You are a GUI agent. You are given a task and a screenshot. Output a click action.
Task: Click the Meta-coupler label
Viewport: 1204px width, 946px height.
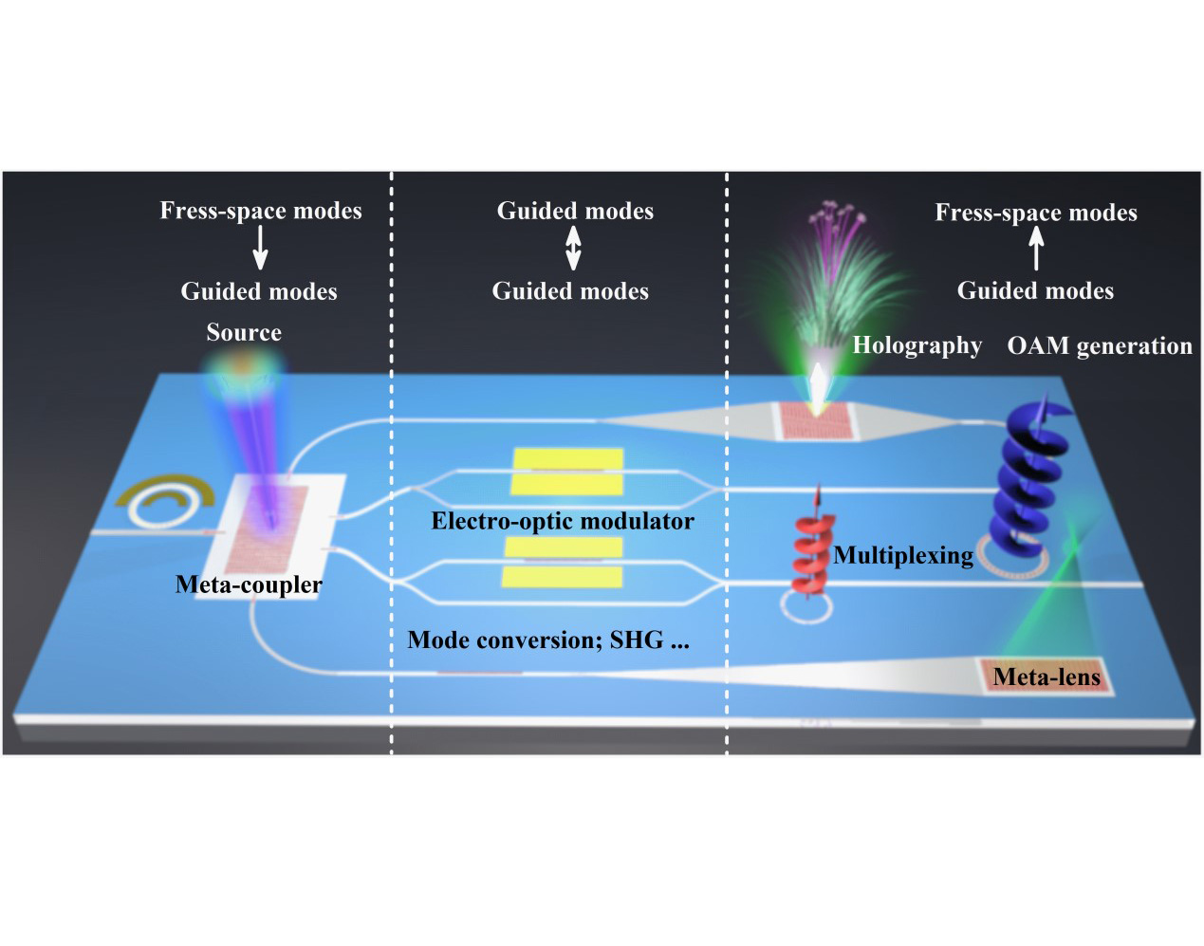pyautogui.click(x=249, y=584)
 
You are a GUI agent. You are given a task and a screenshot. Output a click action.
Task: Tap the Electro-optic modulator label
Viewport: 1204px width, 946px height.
pyautogui.click(x=563, y=521)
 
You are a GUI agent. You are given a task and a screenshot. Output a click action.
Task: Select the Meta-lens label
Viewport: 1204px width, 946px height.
pyautogui.click(x=1047, y=677)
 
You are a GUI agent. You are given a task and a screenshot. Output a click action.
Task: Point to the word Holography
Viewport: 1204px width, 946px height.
pyautogui.click(x=917, y=345)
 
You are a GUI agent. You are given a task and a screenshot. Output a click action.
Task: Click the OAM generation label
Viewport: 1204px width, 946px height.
pyautogui.click(x=1100, y=346)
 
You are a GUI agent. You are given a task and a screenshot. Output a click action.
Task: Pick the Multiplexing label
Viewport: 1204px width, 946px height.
pyautogui.click(x=903, y=555)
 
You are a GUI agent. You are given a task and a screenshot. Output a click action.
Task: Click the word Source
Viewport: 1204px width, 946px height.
pyautogui.click(x=244, y=332)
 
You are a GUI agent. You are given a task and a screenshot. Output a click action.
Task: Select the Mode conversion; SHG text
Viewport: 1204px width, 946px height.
pyautogui.click(x=548, y=640)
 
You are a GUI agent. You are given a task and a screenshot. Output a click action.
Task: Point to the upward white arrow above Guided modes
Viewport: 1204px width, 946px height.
pyautogui.click(x=1036, y=249)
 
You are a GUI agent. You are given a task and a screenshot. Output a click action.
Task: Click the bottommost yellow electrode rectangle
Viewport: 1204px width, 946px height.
pyautogui.click(x=562, y=577)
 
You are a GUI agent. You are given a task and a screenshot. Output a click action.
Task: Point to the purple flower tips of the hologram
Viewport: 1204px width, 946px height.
pyautogui.click(x=838, y=213)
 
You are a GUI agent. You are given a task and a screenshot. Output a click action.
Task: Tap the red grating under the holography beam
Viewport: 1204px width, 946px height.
pyautogui.click(x=816, y=421)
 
